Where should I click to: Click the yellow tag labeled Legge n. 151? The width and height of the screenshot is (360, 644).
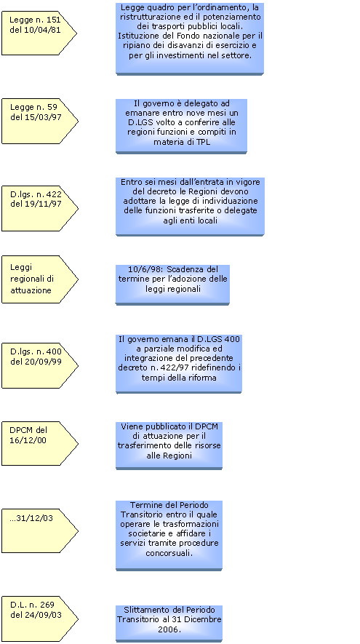(39, 33)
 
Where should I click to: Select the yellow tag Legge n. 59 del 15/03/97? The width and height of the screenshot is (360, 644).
(39, 122)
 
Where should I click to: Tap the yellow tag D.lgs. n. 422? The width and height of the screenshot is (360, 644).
(39, 209)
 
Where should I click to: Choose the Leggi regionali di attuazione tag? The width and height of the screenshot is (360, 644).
(39, 279)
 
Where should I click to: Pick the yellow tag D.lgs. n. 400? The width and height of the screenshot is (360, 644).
(39, 365)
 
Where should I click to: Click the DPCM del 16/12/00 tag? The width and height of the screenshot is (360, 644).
(39, 444)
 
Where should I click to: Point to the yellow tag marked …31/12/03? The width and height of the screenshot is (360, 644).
(39, 530)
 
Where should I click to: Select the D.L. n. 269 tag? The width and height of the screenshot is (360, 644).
(39, 619)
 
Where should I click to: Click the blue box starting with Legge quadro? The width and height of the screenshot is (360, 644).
(190, 39)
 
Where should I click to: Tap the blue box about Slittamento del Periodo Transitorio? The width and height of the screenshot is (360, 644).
(169, 624)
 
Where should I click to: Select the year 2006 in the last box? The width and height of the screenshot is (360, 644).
(169, 629)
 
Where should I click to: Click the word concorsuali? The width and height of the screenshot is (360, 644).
(169, 553)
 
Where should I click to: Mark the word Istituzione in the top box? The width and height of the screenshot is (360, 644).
(136, 36)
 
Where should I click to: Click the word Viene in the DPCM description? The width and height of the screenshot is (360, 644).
(131, 426)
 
